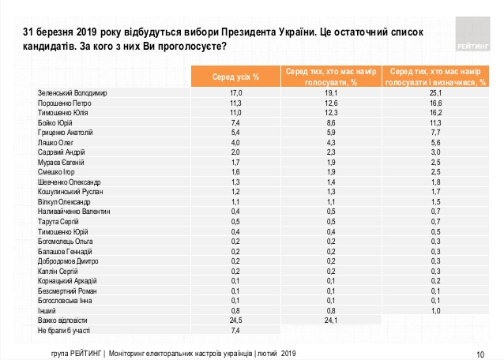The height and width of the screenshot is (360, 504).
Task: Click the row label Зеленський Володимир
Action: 72,93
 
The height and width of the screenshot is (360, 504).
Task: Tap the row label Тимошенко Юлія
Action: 63,113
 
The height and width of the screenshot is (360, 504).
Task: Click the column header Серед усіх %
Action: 234,77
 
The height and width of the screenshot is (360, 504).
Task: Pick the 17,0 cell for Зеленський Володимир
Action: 234,93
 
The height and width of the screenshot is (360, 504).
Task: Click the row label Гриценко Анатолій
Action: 66,133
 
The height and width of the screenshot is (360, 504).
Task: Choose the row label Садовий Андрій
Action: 61,152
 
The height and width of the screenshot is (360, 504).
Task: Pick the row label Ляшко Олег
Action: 55,143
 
